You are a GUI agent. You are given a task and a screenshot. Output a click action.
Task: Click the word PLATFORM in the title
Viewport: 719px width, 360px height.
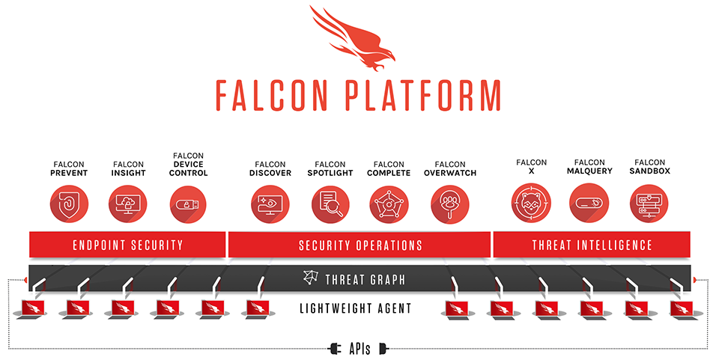pyautogui.click(x=421, y=95)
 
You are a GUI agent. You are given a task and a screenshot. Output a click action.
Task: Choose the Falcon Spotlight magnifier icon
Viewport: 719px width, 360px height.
pyautogui.click(x=330, y=204)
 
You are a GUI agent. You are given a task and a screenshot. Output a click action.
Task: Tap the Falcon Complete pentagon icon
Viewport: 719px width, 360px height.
pyautogui.click(x=389, y=204)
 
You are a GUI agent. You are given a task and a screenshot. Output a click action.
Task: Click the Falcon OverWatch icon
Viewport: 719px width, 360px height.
pyautogui.click(x=449, y=204)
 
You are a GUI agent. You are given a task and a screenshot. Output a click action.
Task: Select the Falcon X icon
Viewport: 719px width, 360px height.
pyautogui.click(x=531, y=203)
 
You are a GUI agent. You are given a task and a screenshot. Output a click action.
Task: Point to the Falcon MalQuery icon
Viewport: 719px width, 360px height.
pyautogui.click(x=589, y=203)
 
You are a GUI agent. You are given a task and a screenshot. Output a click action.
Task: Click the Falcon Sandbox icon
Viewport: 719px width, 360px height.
pyautogui.click(x=649, y=203)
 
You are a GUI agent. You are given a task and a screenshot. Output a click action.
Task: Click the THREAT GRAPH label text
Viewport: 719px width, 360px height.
pyautogui.click(x=365, y=280)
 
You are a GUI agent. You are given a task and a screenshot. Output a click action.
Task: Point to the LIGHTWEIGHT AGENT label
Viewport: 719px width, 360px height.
pyautogui.click(x=355, y=308)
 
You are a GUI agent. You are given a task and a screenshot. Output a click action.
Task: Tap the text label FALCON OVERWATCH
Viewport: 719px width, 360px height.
pyautogui.click(x=449, y=168)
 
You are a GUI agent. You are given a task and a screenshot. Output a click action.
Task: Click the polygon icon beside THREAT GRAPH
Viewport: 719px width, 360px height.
pyautogui.click(x=311, y=279)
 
